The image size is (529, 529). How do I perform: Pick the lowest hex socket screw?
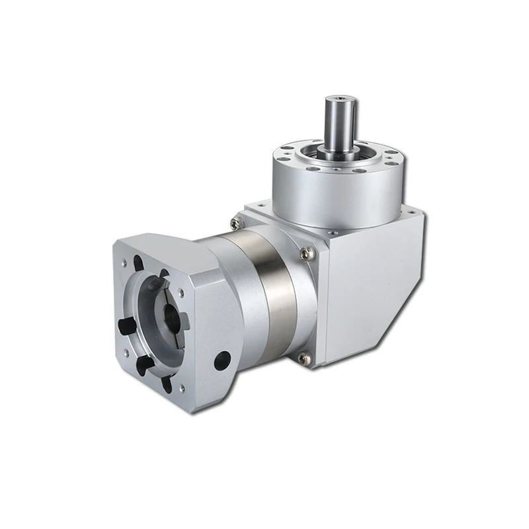[x=303, y=357]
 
